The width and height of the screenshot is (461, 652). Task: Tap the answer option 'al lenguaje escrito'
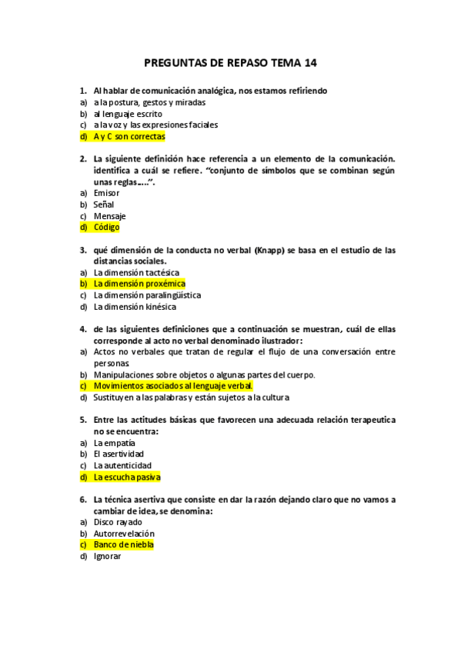pos(128,113)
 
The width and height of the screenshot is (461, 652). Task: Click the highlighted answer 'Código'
pos(106,228)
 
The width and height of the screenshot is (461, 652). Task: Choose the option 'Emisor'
pos(106,193)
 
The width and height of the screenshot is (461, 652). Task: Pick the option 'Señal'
pos(104,205)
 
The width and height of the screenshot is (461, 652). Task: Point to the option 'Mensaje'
pos(109,216)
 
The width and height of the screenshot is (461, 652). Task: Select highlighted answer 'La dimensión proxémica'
pos(139,284)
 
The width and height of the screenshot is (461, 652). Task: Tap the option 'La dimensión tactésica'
pos(136,272)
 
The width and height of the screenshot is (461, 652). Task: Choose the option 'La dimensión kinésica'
pos(135,307)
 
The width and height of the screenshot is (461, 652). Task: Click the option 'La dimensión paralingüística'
pos(147,295)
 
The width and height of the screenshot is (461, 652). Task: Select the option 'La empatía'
pos(114,443)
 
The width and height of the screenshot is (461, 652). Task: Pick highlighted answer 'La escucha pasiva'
pos(126,477)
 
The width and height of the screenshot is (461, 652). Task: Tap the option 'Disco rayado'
pos(118,522)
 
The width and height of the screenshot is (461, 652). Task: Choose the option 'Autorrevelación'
pos(124,534)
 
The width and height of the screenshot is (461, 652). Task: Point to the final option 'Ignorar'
pos(107,556)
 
